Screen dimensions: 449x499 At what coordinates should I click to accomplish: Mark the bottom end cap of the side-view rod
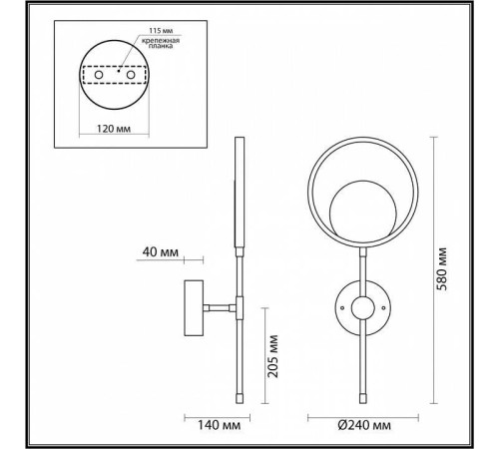pos(239,396)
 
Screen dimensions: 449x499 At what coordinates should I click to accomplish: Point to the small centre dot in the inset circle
pos(118,72)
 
